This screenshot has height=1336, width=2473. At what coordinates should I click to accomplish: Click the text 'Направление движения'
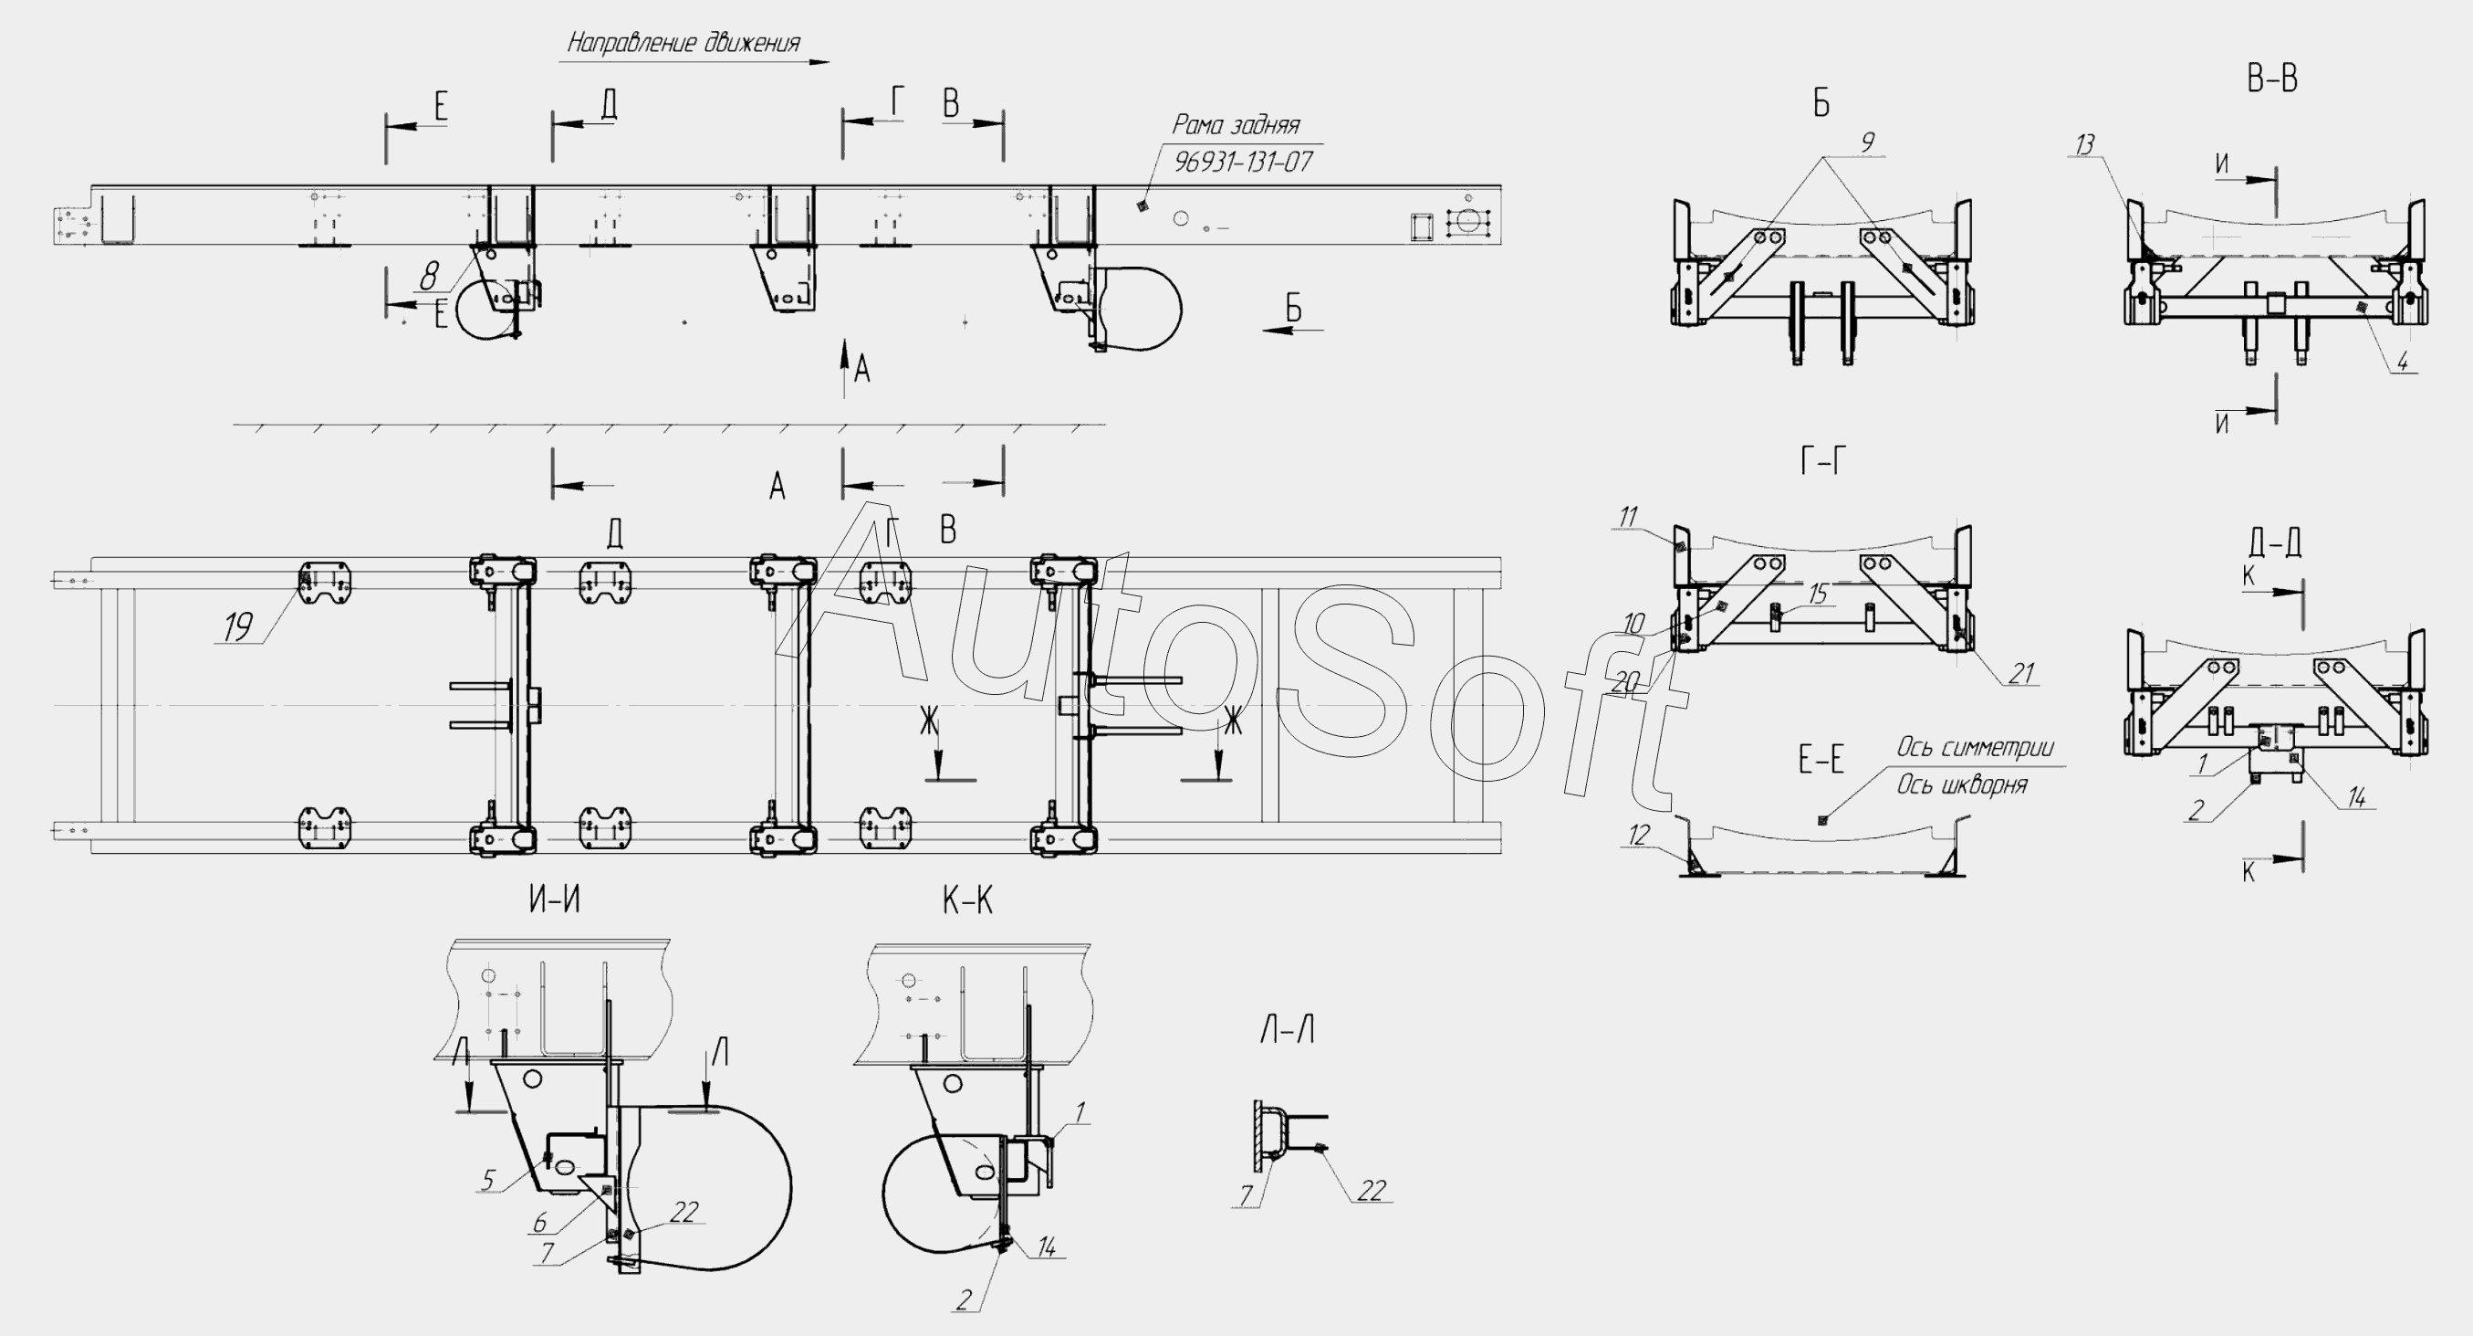coord(683,42)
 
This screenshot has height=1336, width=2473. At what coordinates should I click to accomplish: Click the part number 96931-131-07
coord(1243,162)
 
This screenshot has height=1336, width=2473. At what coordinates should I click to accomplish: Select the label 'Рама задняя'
coord(1236,125)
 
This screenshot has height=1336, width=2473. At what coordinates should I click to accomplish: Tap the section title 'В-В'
coord(2271,79)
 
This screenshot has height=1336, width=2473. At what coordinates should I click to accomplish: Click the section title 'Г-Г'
coord(1822,462)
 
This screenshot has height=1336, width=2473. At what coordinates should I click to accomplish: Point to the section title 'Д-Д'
coord(2274,542)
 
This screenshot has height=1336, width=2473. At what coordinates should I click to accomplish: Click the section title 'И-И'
coord(555,899)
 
